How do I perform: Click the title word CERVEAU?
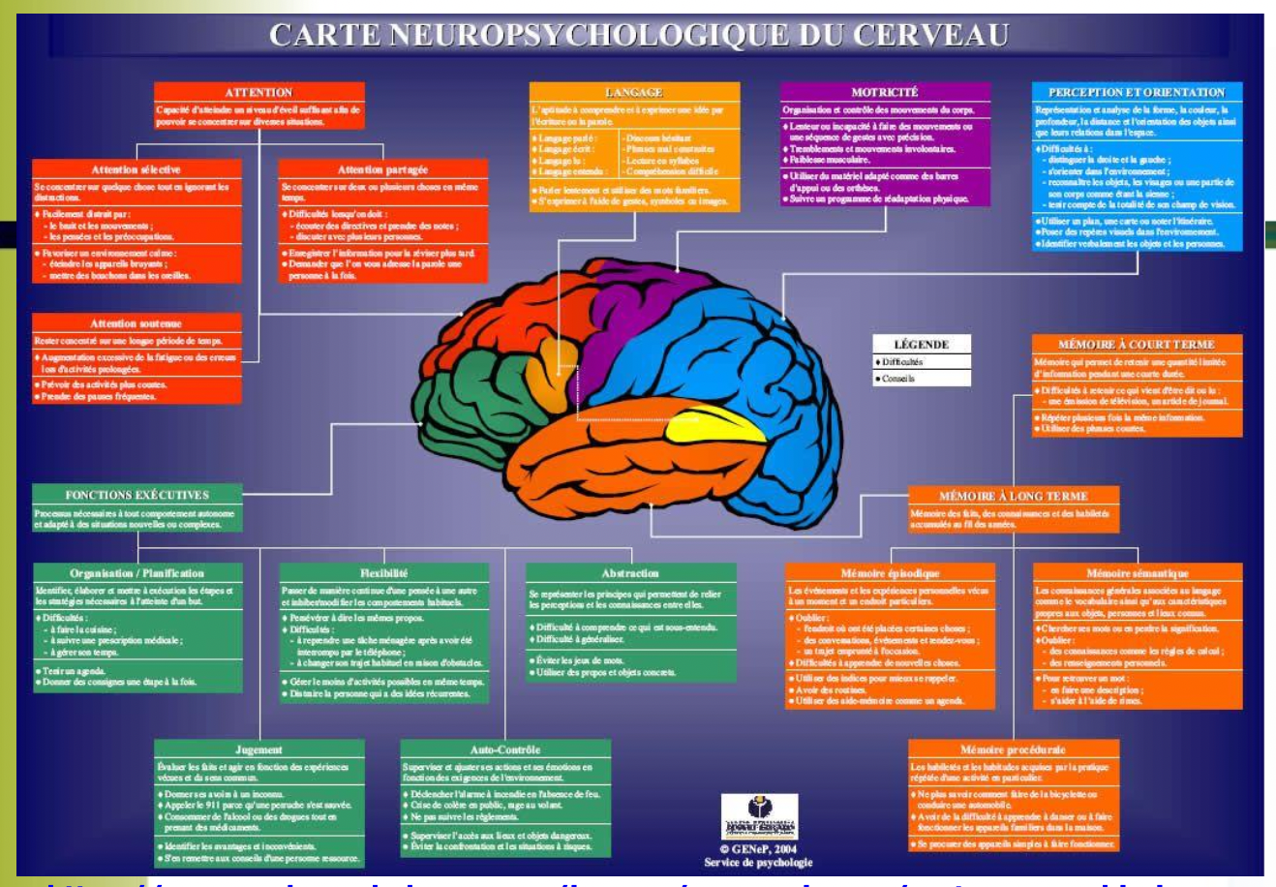pyautogui.click(x=928, y=35)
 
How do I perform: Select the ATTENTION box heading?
pyautogui.click(x=258, y=92)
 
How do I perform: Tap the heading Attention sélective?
pyautogui.click(x=136, y=169)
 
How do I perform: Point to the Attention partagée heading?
pyautogui.click(x=382, y=169)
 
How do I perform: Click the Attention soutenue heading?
pyautogui.click(x=136, y=323)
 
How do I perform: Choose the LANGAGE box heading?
pyautogui.click(x=634, y=92)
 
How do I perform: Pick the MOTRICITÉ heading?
pyautogui.click(x=884, y=92)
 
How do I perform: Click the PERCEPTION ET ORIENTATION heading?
pyautogui.click(x=1136, y=92)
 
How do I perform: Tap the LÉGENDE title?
pyautogui.click(x=921, y=345)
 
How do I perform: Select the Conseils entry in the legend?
pyautogui.click(x=898, y=379)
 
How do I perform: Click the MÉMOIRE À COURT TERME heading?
pyautogui.click(x=1136, y=345)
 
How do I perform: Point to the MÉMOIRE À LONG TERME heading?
pyautogui.click(x=1013, y=496)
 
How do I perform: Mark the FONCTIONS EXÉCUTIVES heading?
pyautogui.click(x=137, y=495)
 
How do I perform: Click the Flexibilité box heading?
pyautogui.click(x=383, y=573)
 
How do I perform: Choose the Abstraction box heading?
pyautogui.click(x=629, y=573)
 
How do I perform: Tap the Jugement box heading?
pyautogui.click(x=258, y=749)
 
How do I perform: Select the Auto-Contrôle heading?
pyautogui.click(x=505, y=749)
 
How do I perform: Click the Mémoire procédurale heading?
pyautogui.click(x=1013, y=749)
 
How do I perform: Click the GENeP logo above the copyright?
pyautogui.click(x=759, y=816)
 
